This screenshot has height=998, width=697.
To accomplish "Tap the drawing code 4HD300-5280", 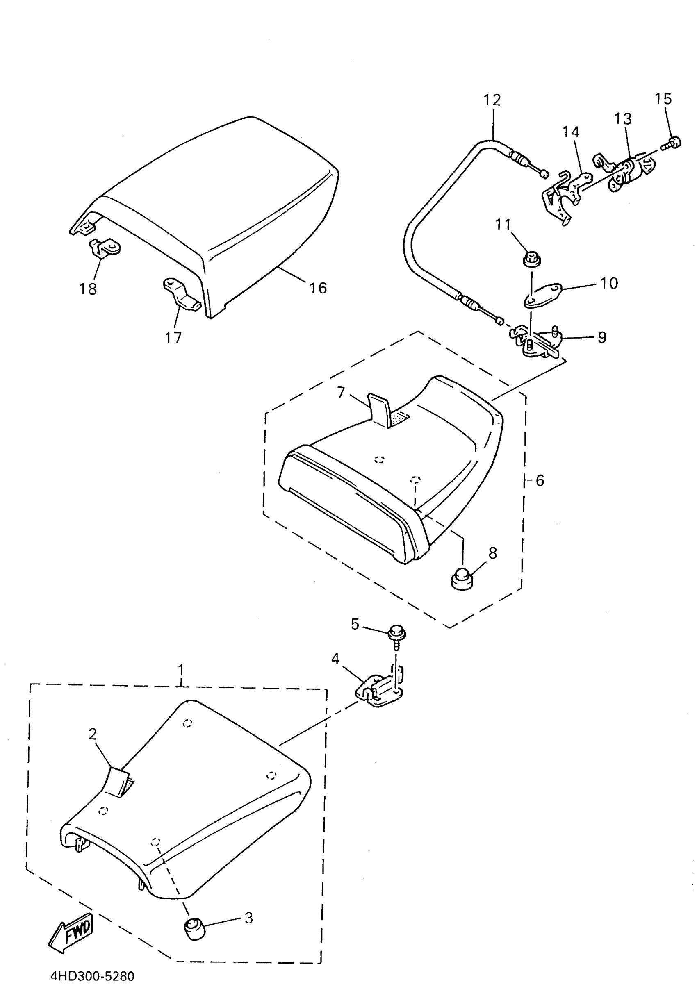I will pos(93,976).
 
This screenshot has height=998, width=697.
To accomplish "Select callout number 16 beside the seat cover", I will pos(318,288).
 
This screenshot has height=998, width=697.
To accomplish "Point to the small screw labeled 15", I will pos(673,143).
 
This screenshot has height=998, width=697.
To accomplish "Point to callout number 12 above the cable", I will pos(492,100).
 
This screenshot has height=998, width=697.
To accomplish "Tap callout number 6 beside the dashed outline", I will pos(540,480).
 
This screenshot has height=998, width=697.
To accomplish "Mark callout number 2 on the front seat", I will pos(93,734).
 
